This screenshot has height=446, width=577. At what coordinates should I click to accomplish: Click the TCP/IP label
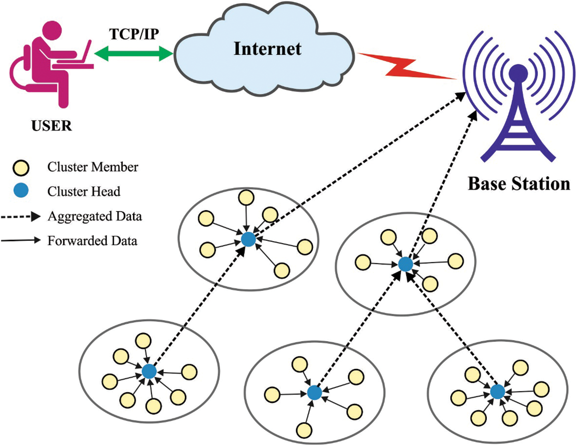(134, 34)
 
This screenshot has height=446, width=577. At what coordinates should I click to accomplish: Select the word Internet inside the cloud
(268, 49)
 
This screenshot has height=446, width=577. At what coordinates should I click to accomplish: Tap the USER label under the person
(51, 126)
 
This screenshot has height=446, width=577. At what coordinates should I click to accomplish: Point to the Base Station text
(519, 184)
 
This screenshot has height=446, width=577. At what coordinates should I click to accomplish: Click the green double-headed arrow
(134, 53)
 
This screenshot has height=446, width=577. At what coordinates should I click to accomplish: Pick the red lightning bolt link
(406, 66)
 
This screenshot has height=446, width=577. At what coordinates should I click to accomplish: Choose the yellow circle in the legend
(21, 168)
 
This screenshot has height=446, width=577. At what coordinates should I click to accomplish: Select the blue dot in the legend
(21, 191)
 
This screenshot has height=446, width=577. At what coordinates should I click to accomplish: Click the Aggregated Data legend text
(95, 217)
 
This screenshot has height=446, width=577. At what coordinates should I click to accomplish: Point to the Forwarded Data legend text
(92, 241)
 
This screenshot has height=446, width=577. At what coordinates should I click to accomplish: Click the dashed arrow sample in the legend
(21, 217)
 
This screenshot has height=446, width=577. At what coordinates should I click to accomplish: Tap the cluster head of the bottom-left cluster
(149, 372)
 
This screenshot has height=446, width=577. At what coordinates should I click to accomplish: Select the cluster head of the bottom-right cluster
(497, 391)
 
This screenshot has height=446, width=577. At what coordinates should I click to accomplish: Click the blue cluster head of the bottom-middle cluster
(314, 392)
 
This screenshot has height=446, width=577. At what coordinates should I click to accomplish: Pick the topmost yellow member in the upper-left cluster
(246, 198)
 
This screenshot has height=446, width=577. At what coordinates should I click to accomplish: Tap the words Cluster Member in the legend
(93, 167)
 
